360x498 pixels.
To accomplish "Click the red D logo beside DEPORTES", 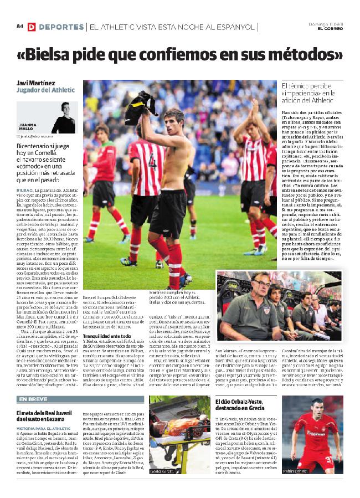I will [x=32, y=27].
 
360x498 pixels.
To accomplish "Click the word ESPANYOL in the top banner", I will [x=233, y=27].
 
